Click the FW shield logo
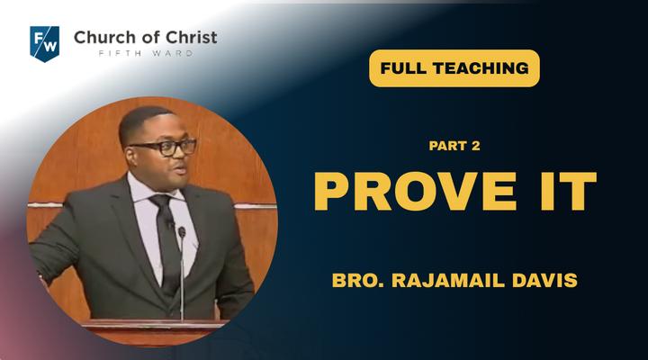click(x=45, y=44)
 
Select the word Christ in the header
click(x=192, y=37)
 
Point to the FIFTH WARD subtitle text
click(x=146, y=53)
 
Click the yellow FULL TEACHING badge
click(x=454, y=68)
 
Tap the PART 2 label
click(x=454, y=146)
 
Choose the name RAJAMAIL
click(x=448, y=280)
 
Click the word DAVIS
click(x=544, y=280)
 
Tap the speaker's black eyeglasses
click(x=165, y=148)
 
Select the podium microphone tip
click(x=182, y=231)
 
